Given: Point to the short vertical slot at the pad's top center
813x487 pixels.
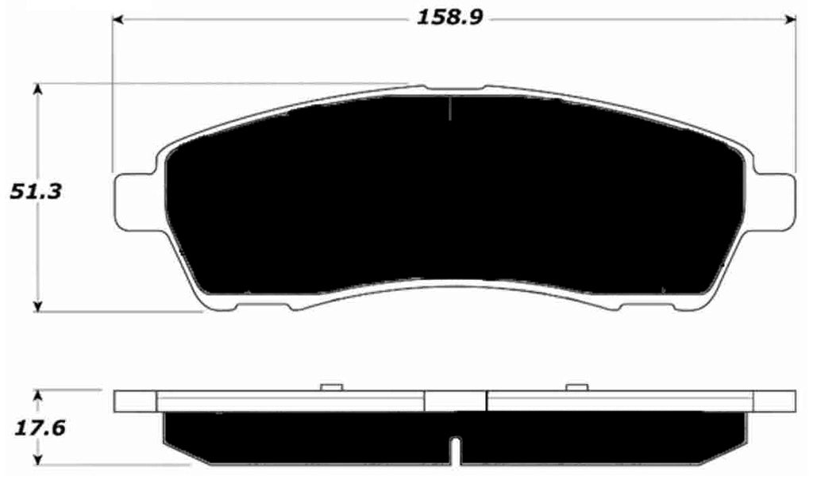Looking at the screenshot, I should pos(449,108).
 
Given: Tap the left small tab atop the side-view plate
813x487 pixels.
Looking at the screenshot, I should pos(330,387).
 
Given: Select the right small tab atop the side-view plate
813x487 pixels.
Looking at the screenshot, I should pos(576,387).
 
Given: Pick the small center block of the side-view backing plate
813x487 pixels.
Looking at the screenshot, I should pos(455,401).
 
